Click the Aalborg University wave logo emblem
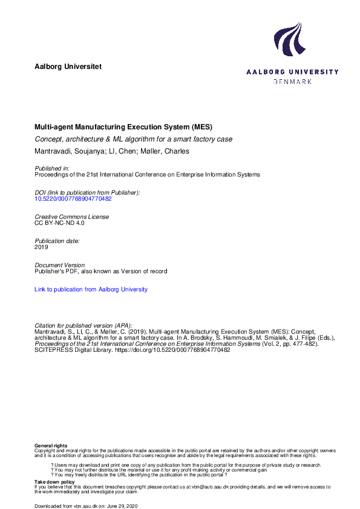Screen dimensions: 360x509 tap(288, 40)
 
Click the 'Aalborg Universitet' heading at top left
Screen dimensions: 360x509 tap(68, 66)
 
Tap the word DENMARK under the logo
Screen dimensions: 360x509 tap(293, 81)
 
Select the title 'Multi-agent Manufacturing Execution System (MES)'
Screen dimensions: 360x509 tap(123, 128)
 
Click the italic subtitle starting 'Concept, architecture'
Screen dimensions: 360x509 tap(133, 139)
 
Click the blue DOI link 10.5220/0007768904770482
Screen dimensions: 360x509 tap(73, 198)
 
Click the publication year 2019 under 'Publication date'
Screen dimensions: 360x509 tap(41, 247)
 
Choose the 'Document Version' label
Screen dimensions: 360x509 tap(59, 265)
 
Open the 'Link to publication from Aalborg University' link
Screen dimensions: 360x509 tap(91, 290)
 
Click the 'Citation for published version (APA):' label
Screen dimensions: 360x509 tap(83, 325)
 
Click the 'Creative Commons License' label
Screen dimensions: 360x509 tap(71, 216)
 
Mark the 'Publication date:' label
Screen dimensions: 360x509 tap(57, 241)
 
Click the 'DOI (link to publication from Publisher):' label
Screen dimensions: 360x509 tap(87, 192)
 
